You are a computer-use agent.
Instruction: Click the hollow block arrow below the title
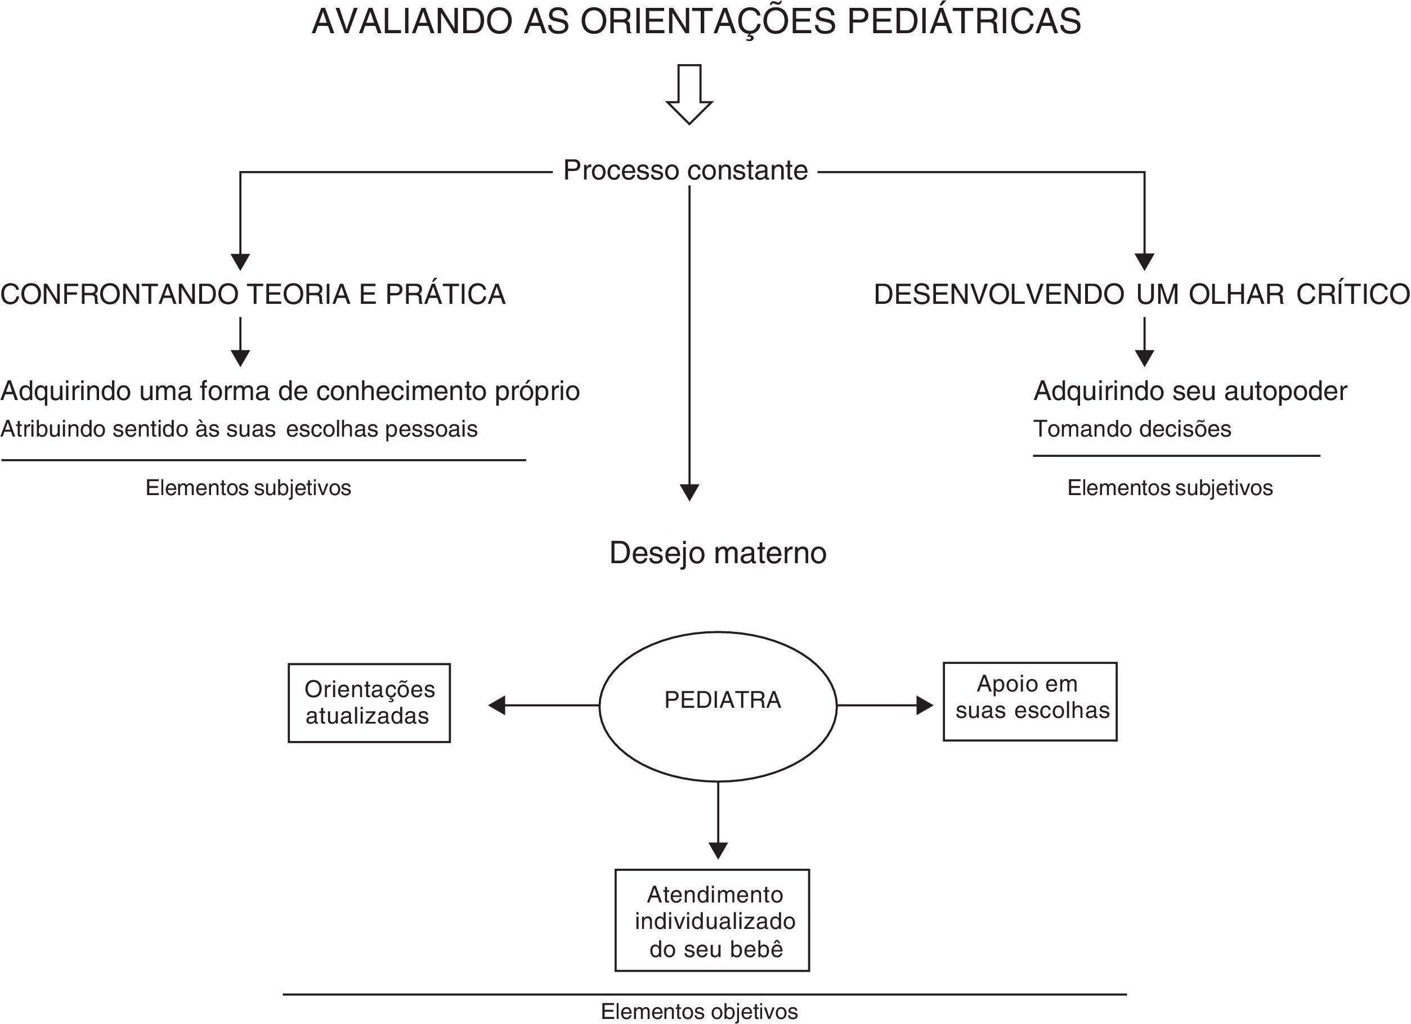689,95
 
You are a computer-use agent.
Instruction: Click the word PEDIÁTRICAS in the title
964,23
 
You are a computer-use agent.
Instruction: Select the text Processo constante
685,170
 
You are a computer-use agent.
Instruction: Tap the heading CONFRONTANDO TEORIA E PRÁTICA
253,294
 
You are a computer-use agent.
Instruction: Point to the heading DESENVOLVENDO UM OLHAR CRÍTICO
1141,294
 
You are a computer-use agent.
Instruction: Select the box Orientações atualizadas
369,702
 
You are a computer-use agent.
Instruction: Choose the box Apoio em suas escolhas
1031,700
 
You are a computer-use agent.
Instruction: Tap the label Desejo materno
718,553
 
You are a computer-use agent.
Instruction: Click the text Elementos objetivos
699,1012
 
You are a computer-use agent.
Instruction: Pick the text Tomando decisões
1132,429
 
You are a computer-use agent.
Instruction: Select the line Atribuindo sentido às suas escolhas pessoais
239,429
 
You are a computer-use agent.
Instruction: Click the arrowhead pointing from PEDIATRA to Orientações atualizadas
496,706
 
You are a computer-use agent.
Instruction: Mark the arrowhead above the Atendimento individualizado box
718,851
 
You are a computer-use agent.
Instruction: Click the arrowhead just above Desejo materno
689,493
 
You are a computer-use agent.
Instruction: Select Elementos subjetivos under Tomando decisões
1170,488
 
